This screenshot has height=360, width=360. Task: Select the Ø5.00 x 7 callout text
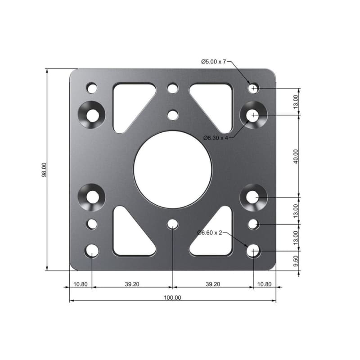(213, 61)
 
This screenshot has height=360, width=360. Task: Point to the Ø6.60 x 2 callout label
(210, 233)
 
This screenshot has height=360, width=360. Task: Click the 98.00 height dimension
(44, 170)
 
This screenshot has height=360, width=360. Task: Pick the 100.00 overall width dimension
(172, 297)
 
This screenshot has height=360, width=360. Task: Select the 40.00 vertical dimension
(296, 156)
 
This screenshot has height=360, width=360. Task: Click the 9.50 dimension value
(296, 261)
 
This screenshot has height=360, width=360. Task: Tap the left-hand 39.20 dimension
(132, 284)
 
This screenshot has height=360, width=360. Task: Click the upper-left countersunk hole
(92, 115)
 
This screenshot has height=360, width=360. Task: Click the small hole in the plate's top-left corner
(92, 88)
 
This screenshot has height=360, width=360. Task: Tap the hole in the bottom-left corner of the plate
(92, 251)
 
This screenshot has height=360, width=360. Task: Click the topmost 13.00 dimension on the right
(296, 102)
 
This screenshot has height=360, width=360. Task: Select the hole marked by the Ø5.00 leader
(254, 88)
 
